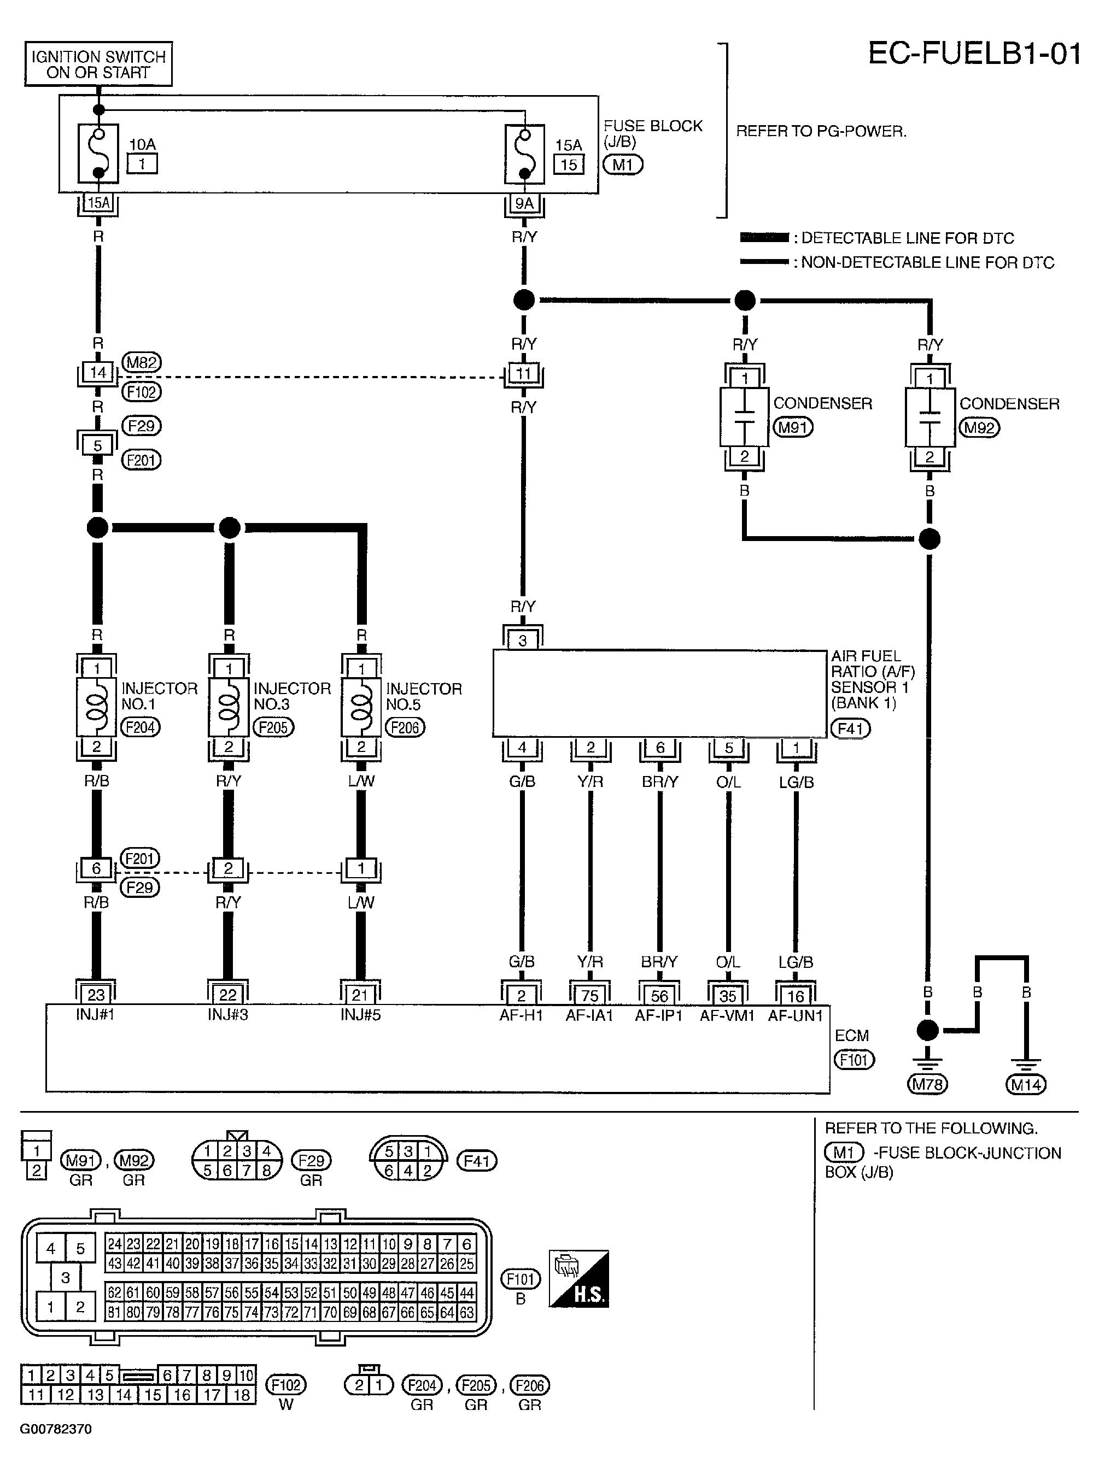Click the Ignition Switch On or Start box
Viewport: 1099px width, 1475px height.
98,64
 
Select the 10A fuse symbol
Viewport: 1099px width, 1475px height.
98,153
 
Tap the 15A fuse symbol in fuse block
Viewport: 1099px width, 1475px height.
524,154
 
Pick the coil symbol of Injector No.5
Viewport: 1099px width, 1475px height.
361,707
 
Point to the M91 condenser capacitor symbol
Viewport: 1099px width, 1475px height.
744,417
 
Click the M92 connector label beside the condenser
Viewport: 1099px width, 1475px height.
979,427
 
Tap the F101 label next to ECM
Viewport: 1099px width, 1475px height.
854,1059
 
